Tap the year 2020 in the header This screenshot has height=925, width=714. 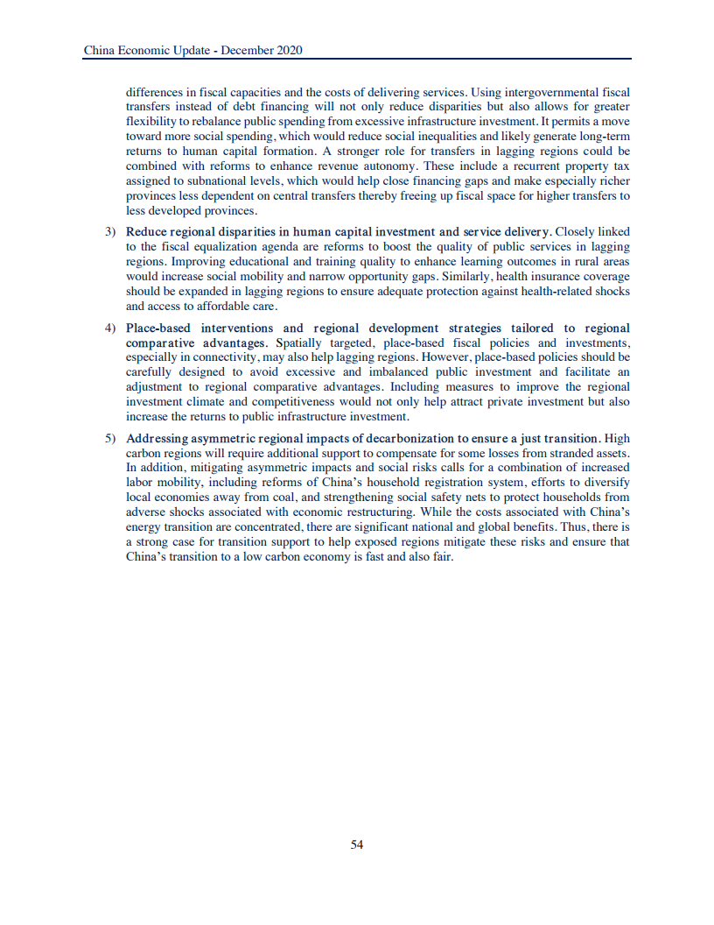[x=288, y=51]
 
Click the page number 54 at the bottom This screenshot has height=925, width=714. [x=357, y=844]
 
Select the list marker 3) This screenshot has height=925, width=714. [x=111, y=232]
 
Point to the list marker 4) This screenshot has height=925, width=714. [x=111, y=328]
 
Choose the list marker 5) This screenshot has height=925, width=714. [x=111, y=439]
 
